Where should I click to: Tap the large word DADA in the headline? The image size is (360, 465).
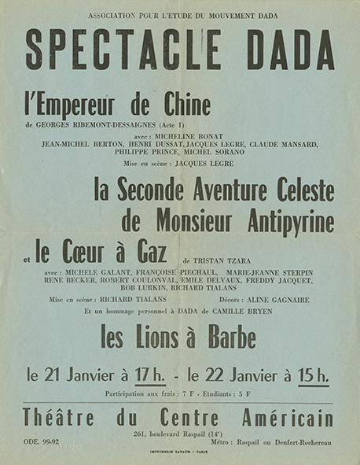click(292, 50)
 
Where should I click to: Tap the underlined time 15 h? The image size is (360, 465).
click(312, 375)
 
